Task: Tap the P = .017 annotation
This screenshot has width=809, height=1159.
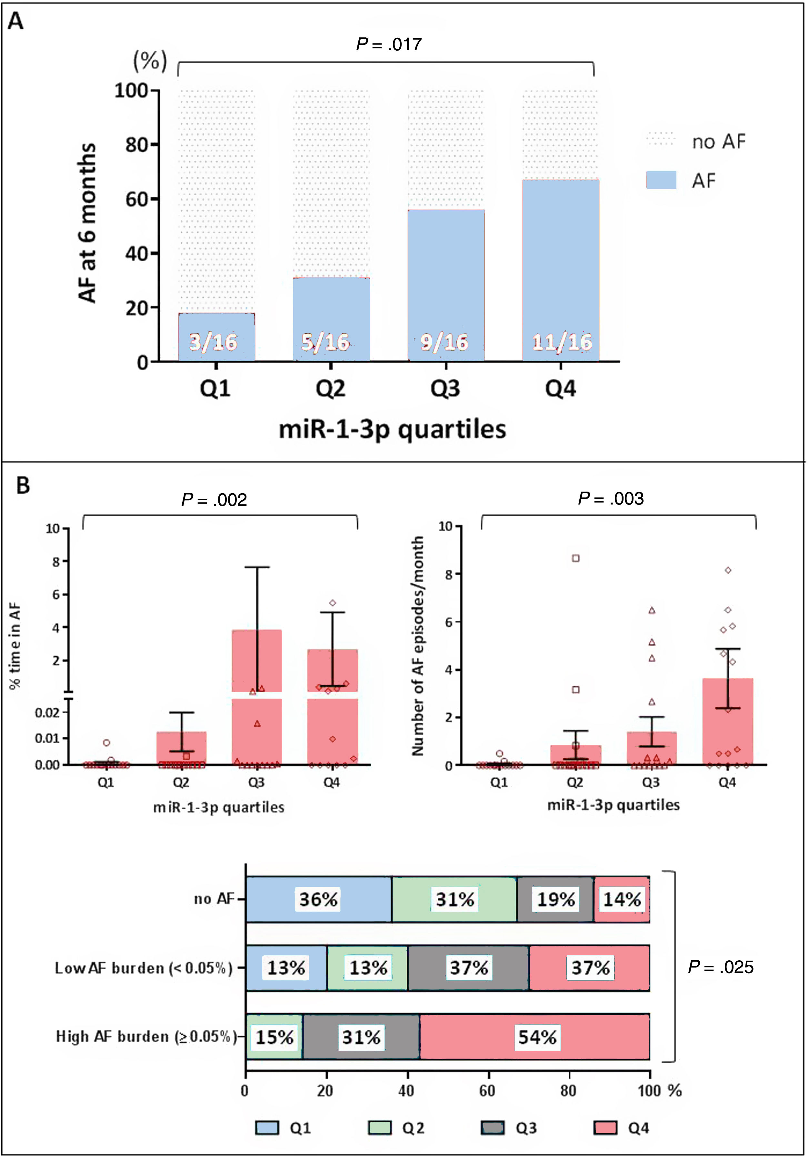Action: click(x=389, y=45)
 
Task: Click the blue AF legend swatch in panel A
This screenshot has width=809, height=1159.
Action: click(x=661, y=180)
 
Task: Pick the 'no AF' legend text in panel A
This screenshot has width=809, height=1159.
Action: click(x=719, y=142)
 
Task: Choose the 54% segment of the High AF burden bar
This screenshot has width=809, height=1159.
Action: click(x=537, y=1037)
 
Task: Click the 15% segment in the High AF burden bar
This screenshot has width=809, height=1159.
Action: click(x=274, y=1037)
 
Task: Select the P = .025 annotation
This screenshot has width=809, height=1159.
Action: click(x=721, y=967)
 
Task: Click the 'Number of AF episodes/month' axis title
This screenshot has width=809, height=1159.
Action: click(x=417, y=646)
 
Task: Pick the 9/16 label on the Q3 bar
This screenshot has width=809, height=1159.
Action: click(x=444, y=342)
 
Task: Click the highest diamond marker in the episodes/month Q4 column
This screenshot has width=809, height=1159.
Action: click(x=728, y=570)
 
